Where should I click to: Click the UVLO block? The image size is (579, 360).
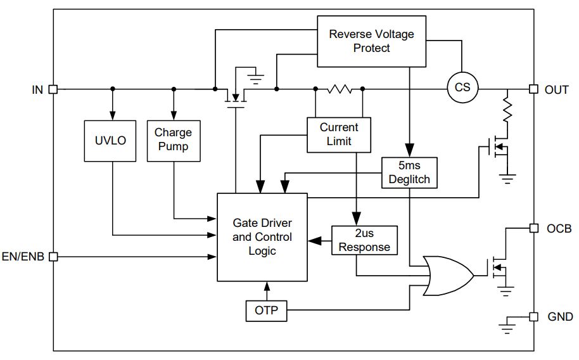(110, 141)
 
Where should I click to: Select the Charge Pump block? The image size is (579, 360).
(174, 141)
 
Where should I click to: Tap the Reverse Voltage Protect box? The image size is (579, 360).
(371, 41)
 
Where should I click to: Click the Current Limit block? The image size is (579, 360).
(339, 135)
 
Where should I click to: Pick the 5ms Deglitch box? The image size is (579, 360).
(409, 173)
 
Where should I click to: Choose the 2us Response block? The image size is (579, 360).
(364, 240)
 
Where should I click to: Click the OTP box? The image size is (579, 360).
(266, 311)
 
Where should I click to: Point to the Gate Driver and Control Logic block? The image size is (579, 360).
(262, 237)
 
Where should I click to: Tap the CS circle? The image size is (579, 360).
(462, 87)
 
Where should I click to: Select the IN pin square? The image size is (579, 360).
(54, 89)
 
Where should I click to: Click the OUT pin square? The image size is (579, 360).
(533, 89)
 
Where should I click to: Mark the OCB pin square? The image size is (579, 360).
(533, 228)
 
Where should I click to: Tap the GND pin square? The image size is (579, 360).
(533, 317)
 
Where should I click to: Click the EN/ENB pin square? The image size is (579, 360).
(54, 257)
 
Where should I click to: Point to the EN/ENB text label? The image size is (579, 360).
(23, 257)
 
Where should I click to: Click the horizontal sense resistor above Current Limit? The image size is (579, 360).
(340, 89)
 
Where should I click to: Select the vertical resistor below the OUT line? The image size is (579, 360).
(507, 110)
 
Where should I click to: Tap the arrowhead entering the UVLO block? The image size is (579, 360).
(113, 115)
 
